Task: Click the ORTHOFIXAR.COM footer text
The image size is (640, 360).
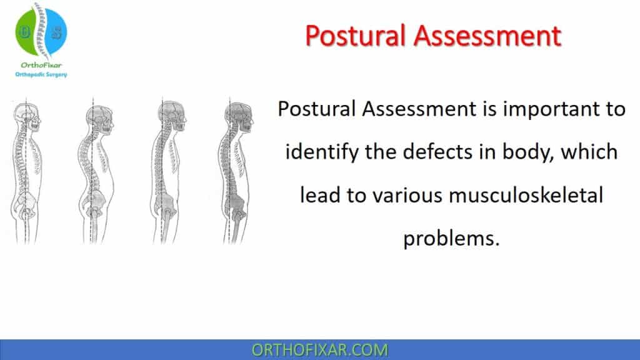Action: coord(319,350)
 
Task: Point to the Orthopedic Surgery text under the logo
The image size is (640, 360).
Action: coord(41,74)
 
